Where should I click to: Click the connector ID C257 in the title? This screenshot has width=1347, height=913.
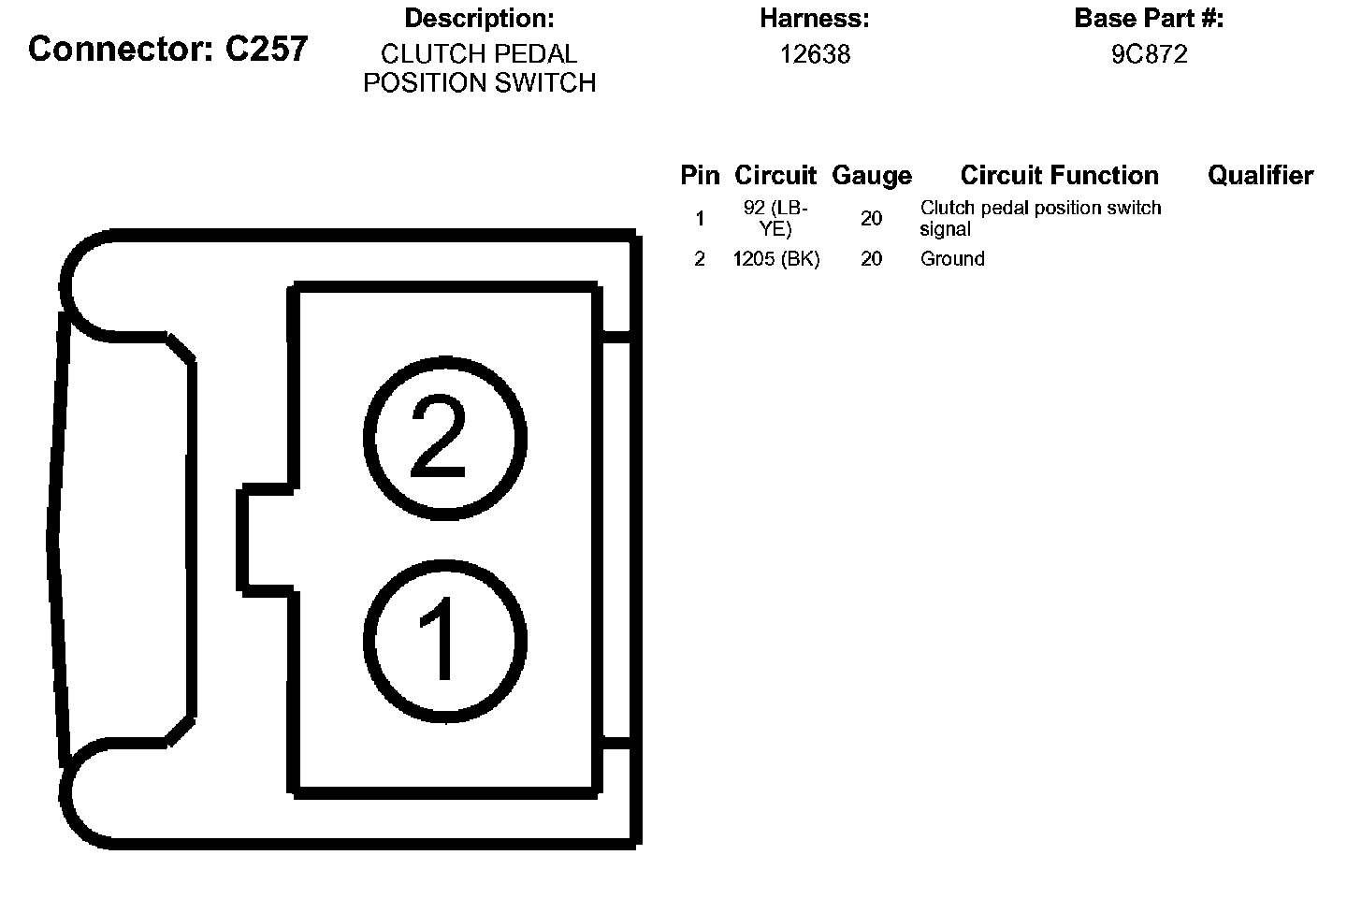tap(267, 49)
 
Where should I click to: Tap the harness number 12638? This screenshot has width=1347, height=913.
tap(816, 54)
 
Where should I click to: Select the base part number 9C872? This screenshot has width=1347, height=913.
tap(1149, 54)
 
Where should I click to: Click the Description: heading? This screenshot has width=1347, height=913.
tap(479, 18)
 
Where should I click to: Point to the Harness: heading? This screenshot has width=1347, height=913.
tap(815, 18)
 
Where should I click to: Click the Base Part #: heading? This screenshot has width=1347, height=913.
tap(1149, 18)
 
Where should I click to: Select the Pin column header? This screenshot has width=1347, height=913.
tap(700, 175)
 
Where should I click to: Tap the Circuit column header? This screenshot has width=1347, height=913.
tap(775, 175)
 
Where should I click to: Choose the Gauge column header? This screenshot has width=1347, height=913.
tap(871, 175)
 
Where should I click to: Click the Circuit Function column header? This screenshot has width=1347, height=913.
tap(1059, 175)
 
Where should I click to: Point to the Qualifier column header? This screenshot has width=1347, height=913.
tap(1260, 175)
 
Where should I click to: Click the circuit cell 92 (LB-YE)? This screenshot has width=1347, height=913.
tap(775, 218)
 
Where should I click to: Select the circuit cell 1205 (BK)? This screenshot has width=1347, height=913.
tap(775, 259)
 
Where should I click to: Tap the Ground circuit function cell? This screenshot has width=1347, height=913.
tap(952, 259)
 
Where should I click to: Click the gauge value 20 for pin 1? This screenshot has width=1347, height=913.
tap(871, 218)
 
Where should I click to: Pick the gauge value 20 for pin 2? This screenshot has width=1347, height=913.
tap(871, 259)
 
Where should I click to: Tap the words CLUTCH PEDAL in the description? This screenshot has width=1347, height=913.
tap(479, 54)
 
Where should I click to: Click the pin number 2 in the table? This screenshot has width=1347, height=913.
tap(700, 259)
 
